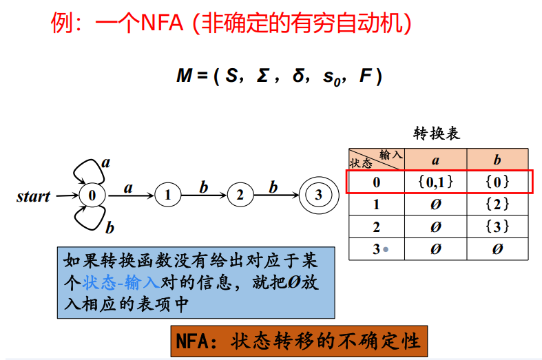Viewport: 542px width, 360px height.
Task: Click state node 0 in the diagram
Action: click(92, 195)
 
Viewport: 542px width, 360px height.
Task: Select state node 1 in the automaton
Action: click(167, 195)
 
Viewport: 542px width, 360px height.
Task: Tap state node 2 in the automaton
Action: click(240, 195)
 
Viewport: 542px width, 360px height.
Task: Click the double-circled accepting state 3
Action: click(317, 195)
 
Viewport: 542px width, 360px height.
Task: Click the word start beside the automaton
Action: click(34, 196)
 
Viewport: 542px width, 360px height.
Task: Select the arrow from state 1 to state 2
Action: click(203, 195)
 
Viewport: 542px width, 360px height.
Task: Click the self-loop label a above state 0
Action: click(106, 162)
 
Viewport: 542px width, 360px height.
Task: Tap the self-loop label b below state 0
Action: click(109, 227)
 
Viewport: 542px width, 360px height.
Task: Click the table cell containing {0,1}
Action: click(435, 182)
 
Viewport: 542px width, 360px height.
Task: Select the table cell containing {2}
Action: click(497, 204)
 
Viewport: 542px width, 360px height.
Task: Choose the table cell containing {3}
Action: click(497, 226)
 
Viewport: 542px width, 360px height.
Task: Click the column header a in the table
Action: click(435, 160)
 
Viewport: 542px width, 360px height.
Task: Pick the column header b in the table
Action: click(497, 160)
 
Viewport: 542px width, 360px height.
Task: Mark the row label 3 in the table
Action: click(376, 249)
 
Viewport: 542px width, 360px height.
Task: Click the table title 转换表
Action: click(437, 134)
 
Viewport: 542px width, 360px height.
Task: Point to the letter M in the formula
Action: click(183, 76)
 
